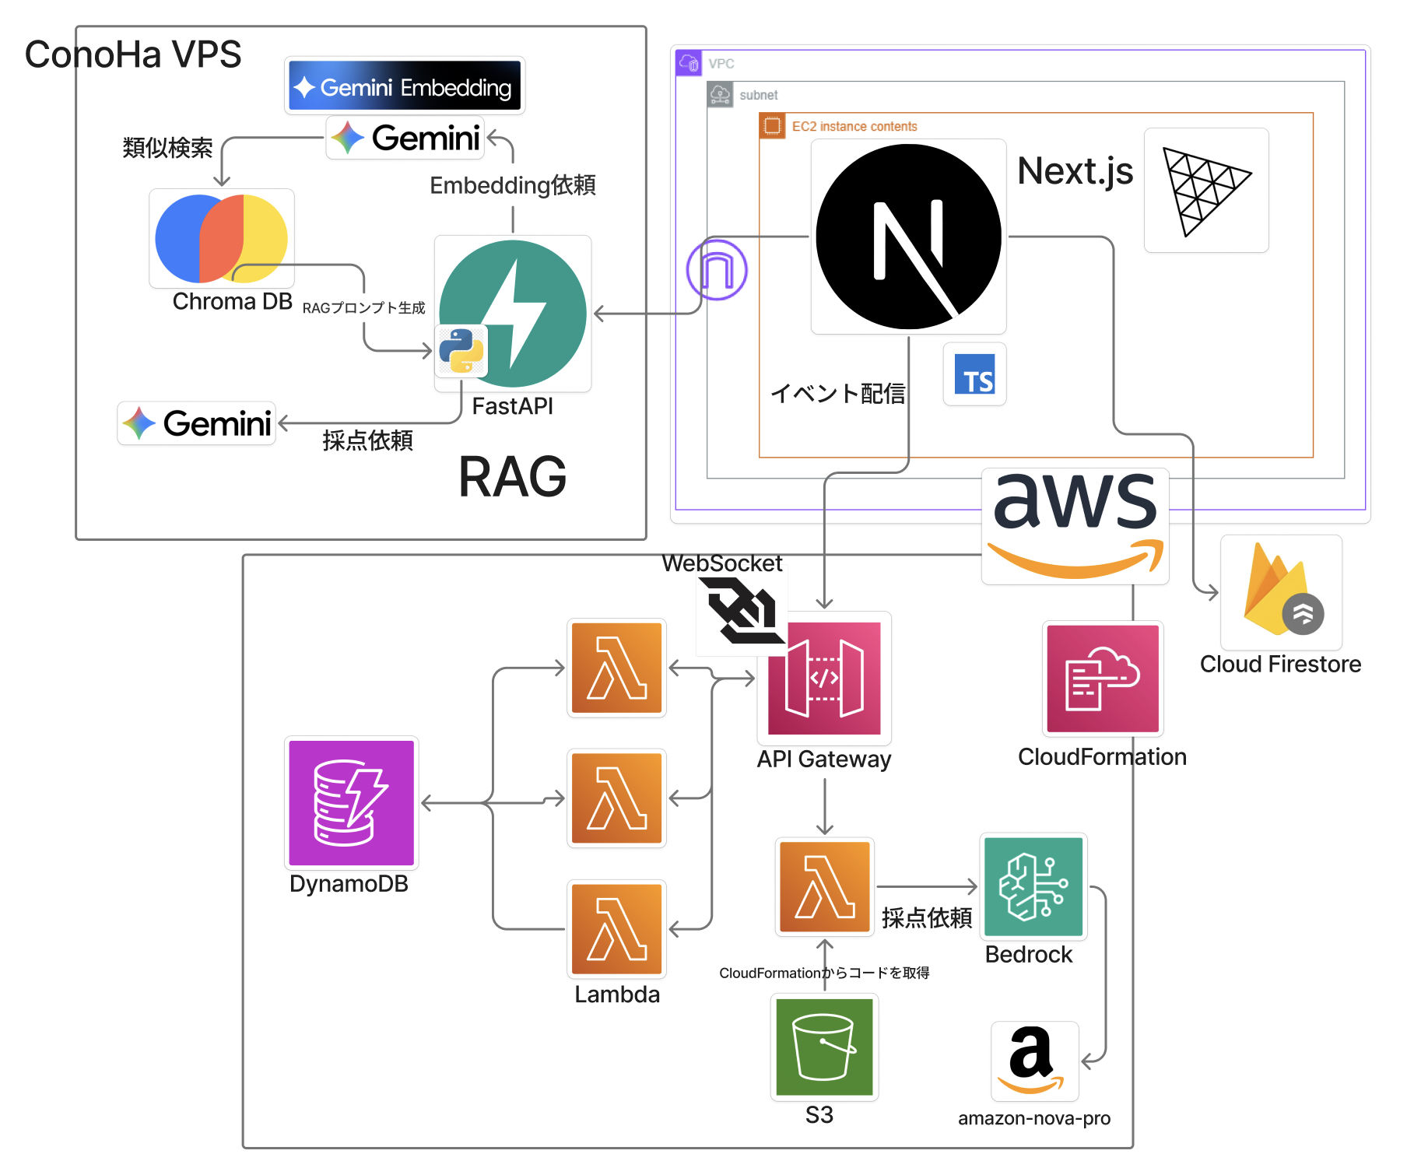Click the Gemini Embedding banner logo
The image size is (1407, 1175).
click(x=405, y=86)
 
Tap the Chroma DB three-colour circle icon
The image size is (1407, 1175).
click(x=222, y=238)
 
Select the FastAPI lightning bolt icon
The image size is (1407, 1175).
click(x=513, y=314)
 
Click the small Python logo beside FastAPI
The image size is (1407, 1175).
click(x=461, y=350)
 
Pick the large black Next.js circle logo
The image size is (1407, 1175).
click(x=908, y=237)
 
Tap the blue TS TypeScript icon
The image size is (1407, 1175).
click(x=974, y=374)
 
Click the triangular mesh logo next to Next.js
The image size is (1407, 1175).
click(x=1205, y=191)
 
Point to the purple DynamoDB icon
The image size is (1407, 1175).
click(x=352, y=803)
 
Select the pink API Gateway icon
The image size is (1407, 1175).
click(x=824, y=678)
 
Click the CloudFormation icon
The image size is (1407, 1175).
click(x=1103, y=679)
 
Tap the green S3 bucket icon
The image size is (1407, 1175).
click(x=824, y=1047)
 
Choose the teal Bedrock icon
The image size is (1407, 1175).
click(x=1033, y=886)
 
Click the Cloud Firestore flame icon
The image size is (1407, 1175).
click(x=1281, y=592)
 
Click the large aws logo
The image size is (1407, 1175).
click(x=1075, y=525)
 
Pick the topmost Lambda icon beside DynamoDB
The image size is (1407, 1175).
click(x=617, y=668)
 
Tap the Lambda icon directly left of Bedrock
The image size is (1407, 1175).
click(x=825, y=886)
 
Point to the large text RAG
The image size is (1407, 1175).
click(x=513, y=477)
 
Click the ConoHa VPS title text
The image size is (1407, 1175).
click(x=133, y=54)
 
